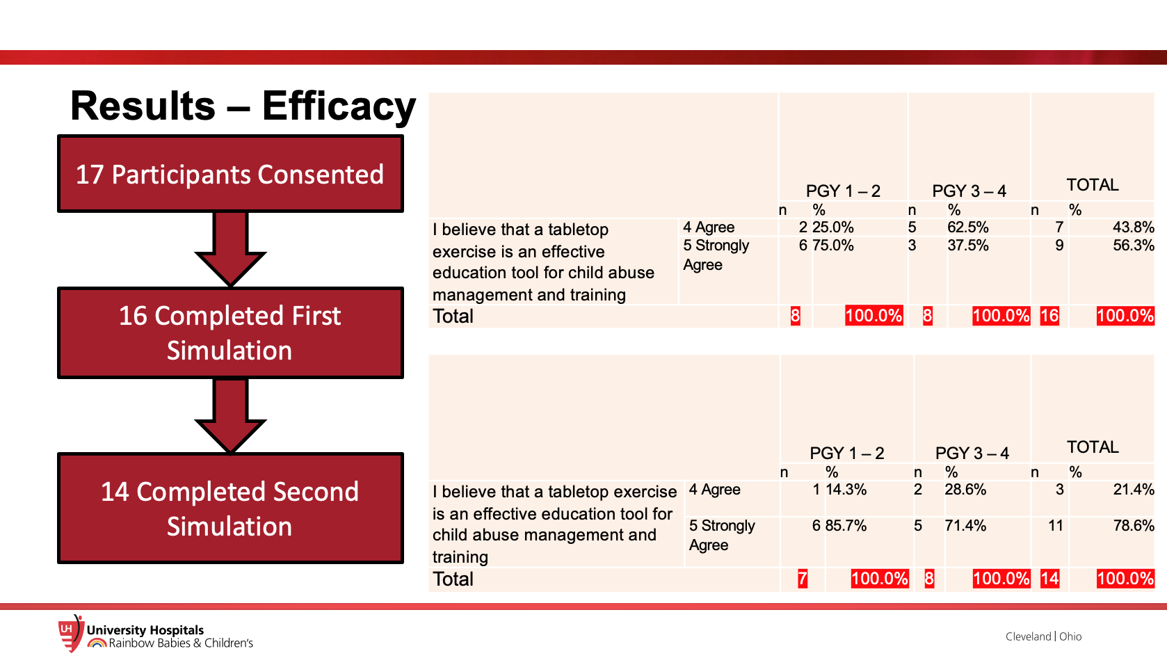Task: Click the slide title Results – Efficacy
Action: point(243,106)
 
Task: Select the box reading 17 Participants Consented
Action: point(230,173)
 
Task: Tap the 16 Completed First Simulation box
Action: point(230,333)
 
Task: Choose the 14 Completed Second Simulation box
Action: point(230,508)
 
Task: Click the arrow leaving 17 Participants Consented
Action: point(230,249)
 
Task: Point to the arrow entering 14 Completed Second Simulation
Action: point(230,416)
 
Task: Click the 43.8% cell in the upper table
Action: point(1133,227)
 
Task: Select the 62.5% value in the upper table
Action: point(967,227)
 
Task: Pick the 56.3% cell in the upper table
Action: point(1133,246)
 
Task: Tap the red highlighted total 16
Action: point(1049,316)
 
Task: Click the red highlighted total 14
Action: point(1049,579)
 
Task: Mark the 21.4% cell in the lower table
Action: point(1133,490)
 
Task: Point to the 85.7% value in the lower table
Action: point(846,526)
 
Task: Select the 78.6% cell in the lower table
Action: point(1133,526)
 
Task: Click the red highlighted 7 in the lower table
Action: point(803,579)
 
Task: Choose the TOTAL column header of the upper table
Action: point(1093,185)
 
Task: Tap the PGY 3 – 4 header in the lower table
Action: point(972,454)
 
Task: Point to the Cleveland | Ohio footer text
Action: point(1043,636)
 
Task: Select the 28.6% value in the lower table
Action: point(965,490)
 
